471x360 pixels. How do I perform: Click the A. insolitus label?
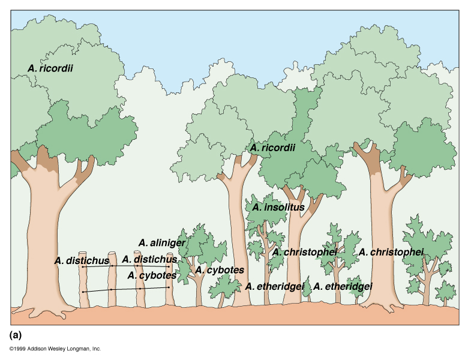278,208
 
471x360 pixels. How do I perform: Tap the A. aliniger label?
162,242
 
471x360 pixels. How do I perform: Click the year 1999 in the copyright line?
21,349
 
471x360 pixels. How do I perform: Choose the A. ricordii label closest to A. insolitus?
273,147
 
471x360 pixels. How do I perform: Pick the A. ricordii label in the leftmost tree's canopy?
50,68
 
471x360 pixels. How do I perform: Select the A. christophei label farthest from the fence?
391,251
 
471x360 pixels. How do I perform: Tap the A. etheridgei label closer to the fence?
275,287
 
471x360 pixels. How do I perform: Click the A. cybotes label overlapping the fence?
151,275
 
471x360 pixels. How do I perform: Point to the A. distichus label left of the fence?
81,260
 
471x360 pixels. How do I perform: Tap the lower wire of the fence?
126,289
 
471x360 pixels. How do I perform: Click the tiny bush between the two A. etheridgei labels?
308,289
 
